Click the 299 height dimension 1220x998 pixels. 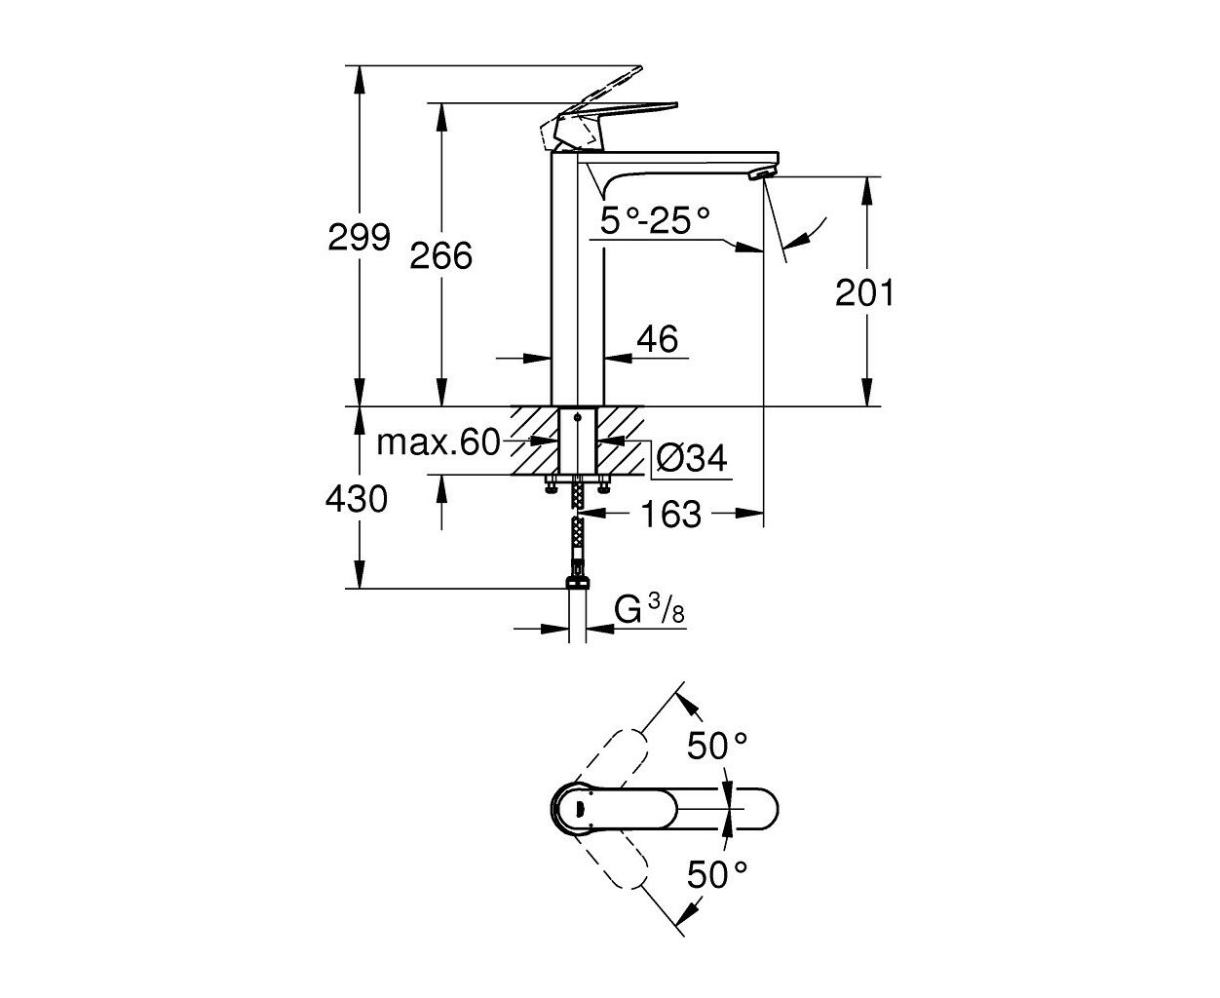point(359,237)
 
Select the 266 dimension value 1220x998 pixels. point(440,255)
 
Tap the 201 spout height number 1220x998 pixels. point(864,292)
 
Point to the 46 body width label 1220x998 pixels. point(658,339)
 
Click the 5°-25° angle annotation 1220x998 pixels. point(654,221)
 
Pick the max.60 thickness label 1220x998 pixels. point(438,442)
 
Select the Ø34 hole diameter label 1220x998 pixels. point(691,459)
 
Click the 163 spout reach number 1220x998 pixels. point(671,514)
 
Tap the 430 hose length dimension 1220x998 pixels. point(357,499)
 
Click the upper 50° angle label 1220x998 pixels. point(717,746)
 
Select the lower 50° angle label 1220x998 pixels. point(717,874)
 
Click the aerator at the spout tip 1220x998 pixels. point(761,173)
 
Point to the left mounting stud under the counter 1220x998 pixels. point(552,483)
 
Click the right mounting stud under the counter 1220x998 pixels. point(603,483)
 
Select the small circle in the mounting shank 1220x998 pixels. point(577,416)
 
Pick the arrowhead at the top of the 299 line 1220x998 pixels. point(360,79)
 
